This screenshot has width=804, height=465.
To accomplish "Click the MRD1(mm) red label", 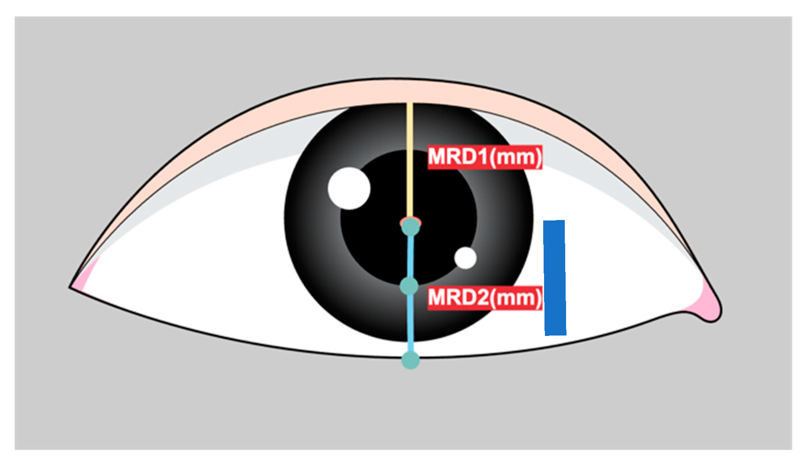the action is [484, 157].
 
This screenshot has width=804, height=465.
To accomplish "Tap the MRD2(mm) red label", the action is [484, 298].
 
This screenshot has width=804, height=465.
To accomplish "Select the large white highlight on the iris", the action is [349, 188].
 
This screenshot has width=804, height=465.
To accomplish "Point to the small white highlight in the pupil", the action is [466, 258].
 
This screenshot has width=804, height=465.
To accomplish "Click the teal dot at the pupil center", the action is [410, 227].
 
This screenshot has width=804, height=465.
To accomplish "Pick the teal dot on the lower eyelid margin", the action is [410, 360].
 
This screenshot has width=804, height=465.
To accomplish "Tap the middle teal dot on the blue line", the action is [409, 286].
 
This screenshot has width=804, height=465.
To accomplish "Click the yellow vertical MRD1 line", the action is [409, 161].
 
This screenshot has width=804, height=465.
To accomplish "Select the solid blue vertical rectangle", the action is [555, 278].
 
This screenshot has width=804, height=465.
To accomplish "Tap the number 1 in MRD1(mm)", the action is [481, 157].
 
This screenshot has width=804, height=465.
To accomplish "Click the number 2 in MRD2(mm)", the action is [481, 298].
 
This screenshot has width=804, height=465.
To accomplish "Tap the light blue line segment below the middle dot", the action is [410, 324].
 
